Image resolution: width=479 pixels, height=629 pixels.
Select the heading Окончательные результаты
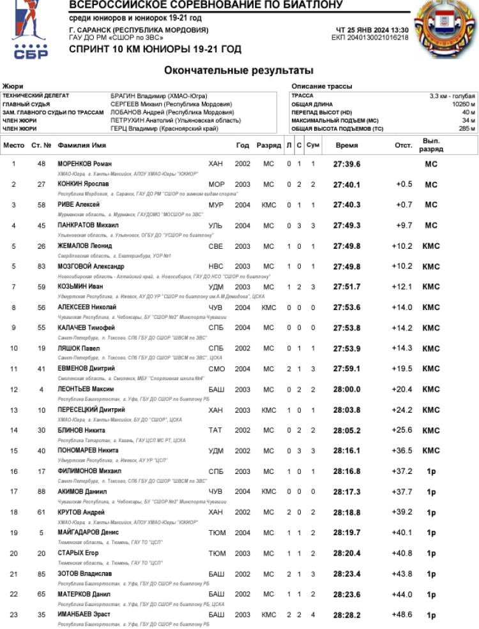coord(238,70)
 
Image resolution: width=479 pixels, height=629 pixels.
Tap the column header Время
coord(347,145)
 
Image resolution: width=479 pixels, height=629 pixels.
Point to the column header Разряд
coord(268,145)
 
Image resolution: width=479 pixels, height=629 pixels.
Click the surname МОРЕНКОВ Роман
coord(84,164)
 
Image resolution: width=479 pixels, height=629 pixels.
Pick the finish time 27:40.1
coord(347,184)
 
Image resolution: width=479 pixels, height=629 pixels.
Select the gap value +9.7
coord(404,225)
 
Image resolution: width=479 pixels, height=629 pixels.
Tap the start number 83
coord(42,267)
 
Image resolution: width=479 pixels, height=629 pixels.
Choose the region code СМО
coord(216,369)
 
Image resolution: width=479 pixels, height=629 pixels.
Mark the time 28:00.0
coord(347,389)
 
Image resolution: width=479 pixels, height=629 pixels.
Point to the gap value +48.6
coord(404,614)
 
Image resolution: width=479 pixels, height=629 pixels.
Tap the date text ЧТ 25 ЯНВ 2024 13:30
coord(372,30)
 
